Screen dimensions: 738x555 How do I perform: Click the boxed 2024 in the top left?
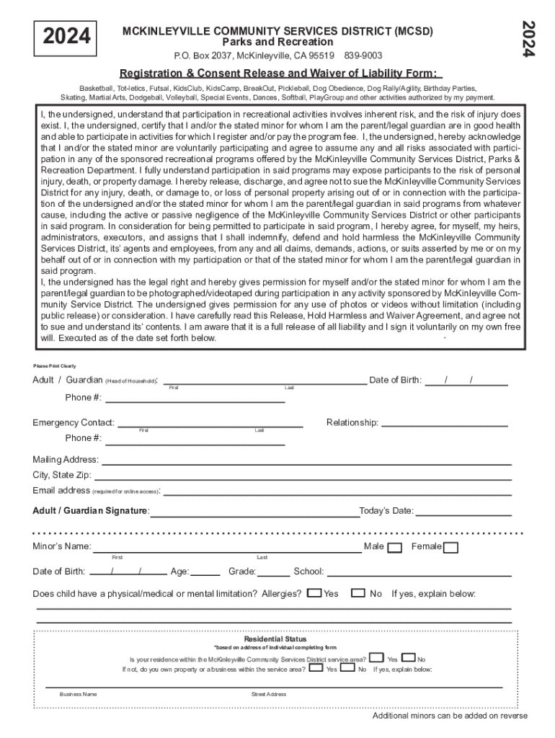(x=65, y=37)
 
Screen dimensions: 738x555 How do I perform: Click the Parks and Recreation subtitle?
(x=277, y=43)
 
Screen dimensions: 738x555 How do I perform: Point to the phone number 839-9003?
(x=363, y=55)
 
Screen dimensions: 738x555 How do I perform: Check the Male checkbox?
(x=394, y=548)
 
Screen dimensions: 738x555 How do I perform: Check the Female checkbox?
(x=450, y=548)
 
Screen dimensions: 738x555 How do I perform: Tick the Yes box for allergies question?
(x=314, y=593)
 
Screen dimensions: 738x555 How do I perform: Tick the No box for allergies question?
(x=358, y=593)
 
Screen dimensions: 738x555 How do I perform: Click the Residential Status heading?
(x=275, y=639)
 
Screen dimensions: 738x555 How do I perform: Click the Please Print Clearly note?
(x=55, y=366)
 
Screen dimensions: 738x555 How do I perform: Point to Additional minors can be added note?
(x=450, y=716)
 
